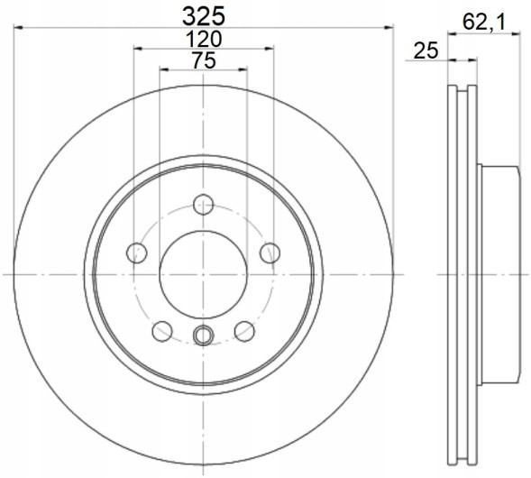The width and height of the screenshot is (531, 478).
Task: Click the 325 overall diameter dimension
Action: point(204,16)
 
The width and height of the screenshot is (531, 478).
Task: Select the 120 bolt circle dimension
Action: point(204,40)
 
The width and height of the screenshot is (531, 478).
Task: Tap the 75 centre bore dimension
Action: point(204,60)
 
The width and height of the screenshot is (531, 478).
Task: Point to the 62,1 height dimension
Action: point(484,23)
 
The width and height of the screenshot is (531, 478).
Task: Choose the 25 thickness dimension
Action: point(426,51)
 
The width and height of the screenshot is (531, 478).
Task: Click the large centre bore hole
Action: point(203,275)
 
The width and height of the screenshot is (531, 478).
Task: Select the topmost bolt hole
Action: point(203,205)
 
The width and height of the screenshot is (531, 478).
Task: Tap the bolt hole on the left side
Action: point(136,253)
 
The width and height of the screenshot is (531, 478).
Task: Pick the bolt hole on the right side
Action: point(270,253)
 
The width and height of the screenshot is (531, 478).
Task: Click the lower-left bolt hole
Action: point(162,331)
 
